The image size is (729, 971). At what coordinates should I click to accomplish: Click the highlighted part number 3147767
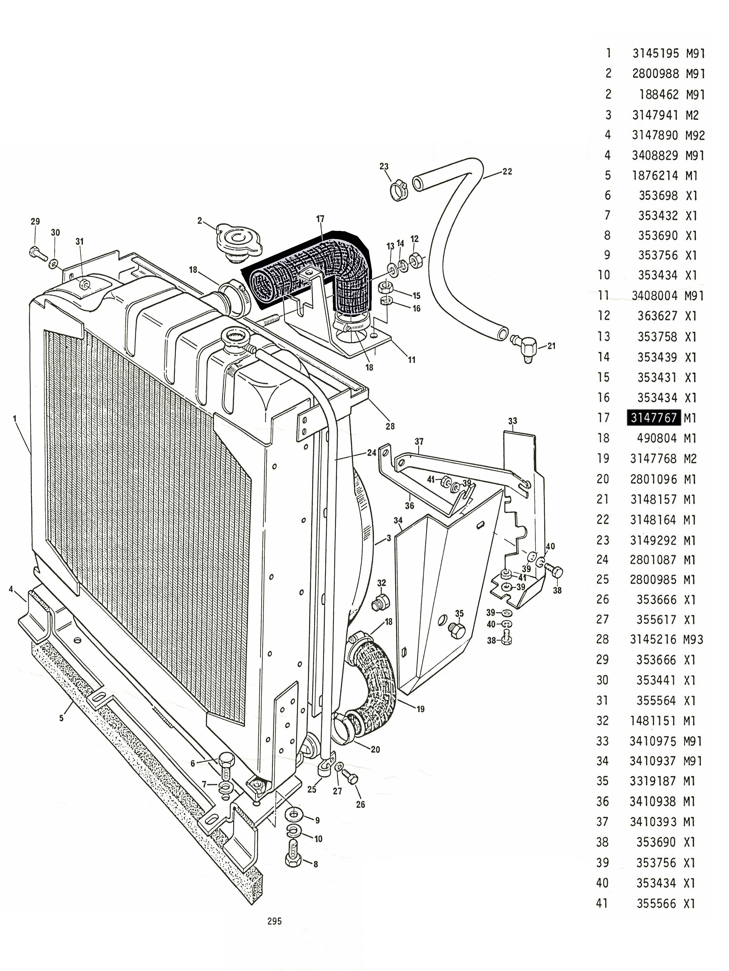click(x=654, y=418)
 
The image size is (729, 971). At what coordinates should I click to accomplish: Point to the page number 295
click(x=274, y=921)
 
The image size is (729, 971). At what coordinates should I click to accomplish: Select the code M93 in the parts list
click(x=693, y=640)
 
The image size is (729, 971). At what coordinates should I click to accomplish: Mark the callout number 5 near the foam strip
click(x=62, y=718)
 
